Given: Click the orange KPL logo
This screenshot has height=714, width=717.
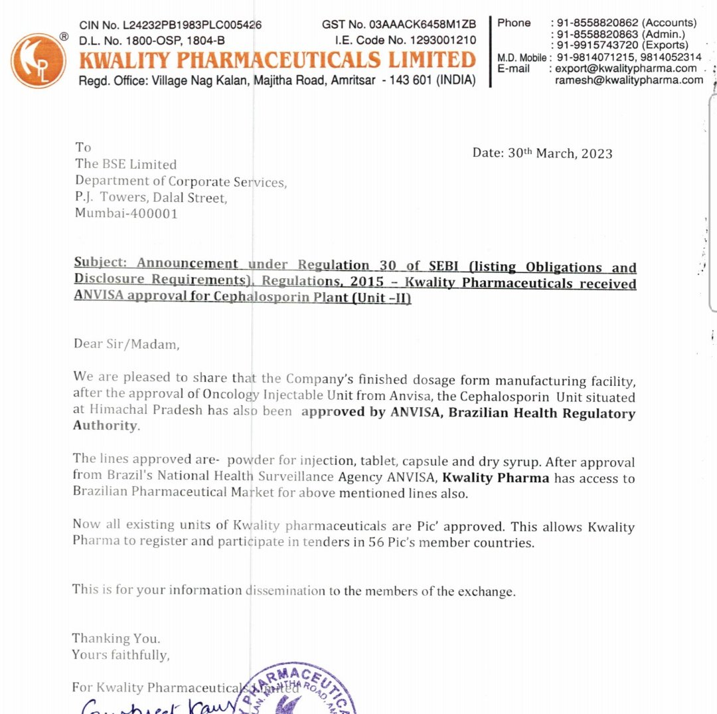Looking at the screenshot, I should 38,60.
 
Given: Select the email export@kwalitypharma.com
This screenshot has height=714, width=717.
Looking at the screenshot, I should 626,68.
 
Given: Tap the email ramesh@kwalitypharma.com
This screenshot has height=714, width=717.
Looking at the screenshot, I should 629,80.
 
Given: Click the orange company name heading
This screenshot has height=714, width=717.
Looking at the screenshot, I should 278,60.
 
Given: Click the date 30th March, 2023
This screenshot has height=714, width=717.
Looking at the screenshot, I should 560,153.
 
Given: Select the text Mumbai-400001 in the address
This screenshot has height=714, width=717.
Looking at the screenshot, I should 126,214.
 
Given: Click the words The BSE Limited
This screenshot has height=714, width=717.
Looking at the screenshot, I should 126,164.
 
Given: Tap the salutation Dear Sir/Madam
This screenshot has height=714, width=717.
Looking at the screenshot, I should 126,343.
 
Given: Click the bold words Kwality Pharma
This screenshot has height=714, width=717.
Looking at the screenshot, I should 495,478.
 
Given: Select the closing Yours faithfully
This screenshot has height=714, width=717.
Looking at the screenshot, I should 121,654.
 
